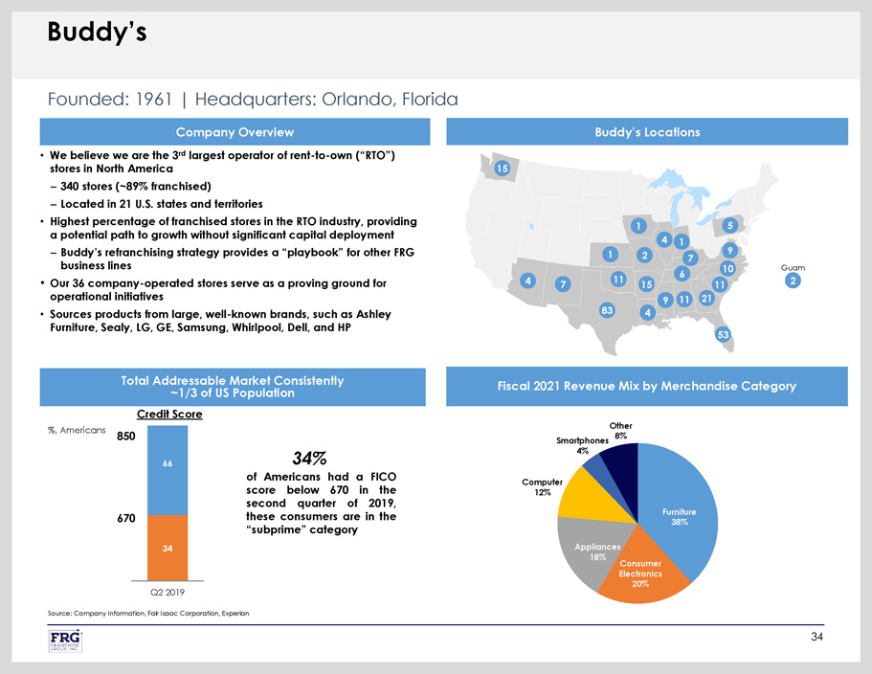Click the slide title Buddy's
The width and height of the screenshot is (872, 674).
(97, 34)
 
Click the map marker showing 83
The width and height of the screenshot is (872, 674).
(606, 310)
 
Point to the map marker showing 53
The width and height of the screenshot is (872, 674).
(724, 334)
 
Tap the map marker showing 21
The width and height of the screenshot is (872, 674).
(707, 298)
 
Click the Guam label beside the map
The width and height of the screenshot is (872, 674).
(792, 267)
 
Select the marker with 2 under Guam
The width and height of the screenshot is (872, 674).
(792, 281)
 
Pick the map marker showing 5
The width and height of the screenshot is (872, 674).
(730, 225)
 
